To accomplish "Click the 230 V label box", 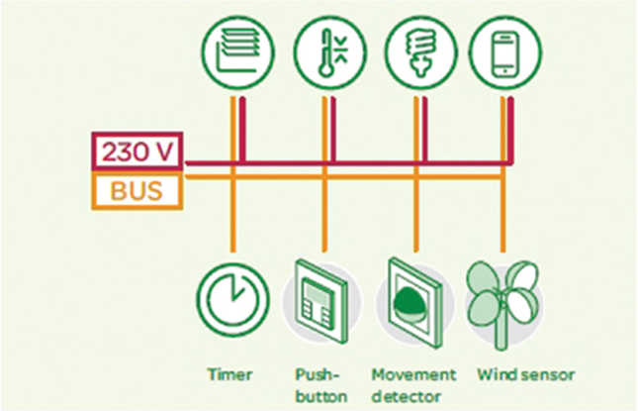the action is [x=137, y=151].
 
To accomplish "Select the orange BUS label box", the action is [x=137, y=190].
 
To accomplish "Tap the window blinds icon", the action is [x=238, y=52].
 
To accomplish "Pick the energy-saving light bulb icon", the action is [x=421, y=52].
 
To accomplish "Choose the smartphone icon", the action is [x=504, y=52].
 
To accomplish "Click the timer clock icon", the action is [x=232, y=300].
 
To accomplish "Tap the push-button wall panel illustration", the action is [x=321, y=301].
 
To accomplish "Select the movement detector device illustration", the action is [x=414, y=303].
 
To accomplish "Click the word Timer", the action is [x=229, y=374].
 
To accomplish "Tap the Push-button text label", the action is [x=321, y=385].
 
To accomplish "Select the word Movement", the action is [x=413, y=374].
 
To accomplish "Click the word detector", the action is [x=407, y=396].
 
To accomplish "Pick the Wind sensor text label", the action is [x=525, y=374].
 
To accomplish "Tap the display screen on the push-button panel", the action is [x=318, y=291].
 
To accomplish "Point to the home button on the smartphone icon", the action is [x=504, y=71].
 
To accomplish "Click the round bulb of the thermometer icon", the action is [x=325, y=70].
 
